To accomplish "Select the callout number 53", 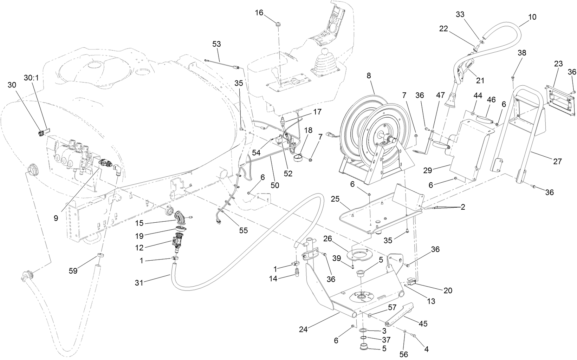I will pos(217,44).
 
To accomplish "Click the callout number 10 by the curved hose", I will pos(532,17).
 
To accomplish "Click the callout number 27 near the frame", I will pos(557,162).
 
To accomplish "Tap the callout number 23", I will pos(558,64).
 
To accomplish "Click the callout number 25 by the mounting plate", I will pos(335,199).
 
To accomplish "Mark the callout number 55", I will pos(243,230).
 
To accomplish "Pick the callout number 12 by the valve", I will pos(140,248).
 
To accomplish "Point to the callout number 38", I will pos(522,53).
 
